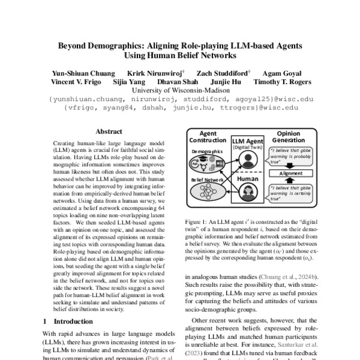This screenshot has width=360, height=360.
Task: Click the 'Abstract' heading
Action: point(109,131)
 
